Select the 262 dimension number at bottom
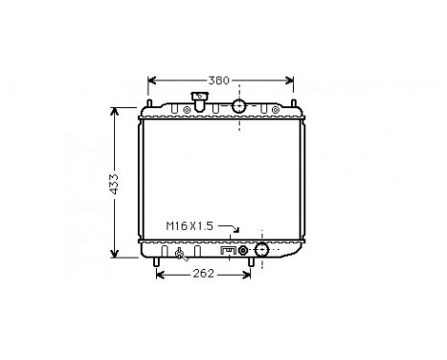[201, 274]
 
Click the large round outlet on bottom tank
[261, 251]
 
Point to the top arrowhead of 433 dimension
[115, 108]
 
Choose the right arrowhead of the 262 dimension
[248, 274]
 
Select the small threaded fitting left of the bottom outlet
[243, 251]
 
